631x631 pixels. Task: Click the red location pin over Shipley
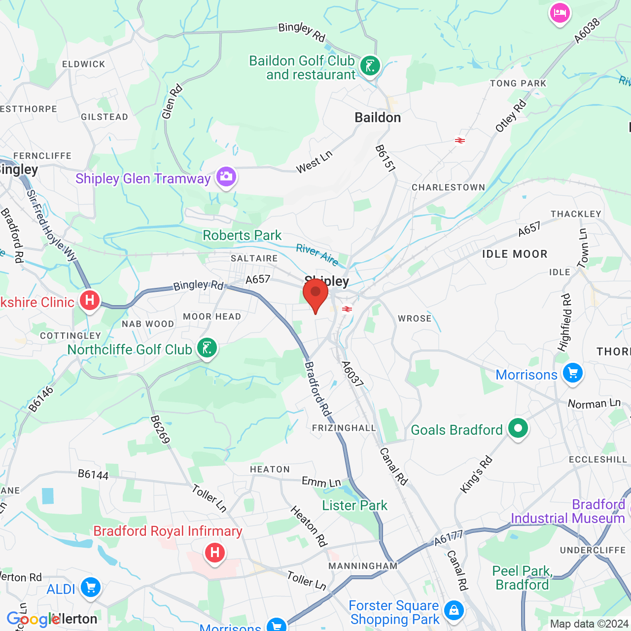click(315, 294)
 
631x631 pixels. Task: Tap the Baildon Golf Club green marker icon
click(370, 66)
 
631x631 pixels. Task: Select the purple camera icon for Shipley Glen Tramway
click(226, 176)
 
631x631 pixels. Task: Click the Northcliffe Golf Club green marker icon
click(207, 348)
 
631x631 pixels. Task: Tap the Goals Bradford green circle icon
click(518, 429)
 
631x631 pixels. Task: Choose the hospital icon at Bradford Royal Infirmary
click(214, 553)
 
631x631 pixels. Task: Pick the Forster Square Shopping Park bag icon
click(454, 611)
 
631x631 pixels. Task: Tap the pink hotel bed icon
click(560, 13)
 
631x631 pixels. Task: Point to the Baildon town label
click(378, 118)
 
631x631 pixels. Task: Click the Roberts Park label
click(242, 236)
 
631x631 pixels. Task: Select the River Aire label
click(317, 254)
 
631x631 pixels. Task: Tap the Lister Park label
click(354, 506)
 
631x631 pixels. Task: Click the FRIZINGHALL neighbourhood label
click(344, 428)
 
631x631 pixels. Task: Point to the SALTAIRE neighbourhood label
click(254, 258)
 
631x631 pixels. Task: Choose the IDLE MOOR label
click(515, 254)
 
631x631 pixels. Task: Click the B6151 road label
click(385, 158)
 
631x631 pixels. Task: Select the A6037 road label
click(352, 374)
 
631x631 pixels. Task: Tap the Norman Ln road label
click(594, 404)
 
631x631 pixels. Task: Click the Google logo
click(33, 619)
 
